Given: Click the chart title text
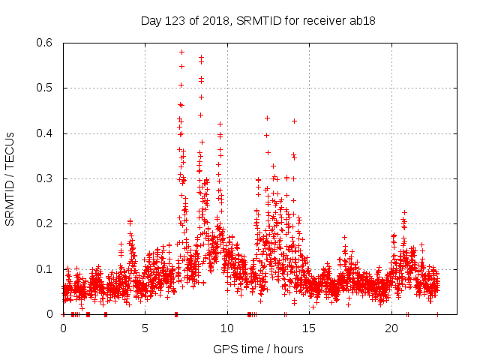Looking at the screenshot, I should pyautogui.click(x=257, y=21).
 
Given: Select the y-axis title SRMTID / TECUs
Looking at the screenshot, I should pyautogui.click(x=10, y=178).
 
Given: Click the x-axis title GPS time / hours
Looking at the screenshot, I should pyautogui.click(x=257, y=349).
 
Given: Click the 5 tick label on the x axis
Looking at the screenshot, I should pyautogui.click(x=145, y=328).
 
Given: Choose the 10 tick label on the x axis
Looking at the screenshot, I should pyautogui.click(x=227, y=328).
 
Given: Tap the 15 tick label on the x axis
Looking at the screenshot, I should pyautogui.click(x=310, y=328).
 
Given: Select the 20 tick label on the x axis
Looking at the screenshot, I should pyautogui.click(x=391, y=328).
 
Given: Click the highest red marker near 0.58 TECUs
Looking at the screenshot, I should pyautogui.click(x=182, y=52).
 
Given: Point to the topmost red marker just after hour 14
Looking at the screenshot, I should pyautogui.click(x=295, y=121).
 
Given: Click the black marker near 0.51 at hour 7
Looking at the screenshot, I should pyautogui.click(x=181, y=85).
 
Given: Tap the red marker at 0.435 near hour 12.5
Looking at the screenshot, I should pyautogui.click(x=267, y=118).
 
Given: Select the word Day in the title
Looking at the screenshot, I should pyautogui.click(x=151, y=21).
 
